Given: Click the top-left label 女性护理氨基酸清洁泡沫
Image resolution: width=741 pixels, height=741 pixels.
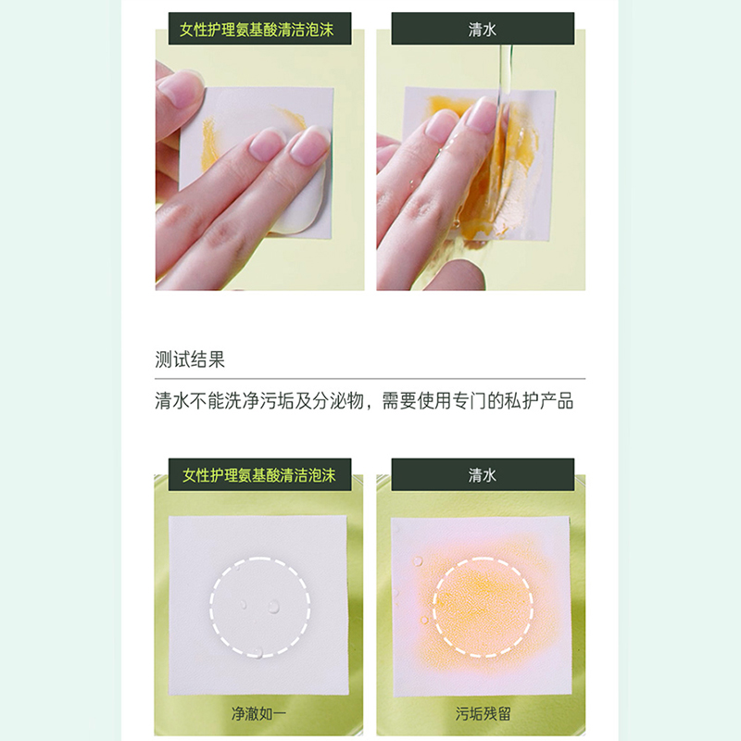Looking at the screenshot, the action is tap(257, 30).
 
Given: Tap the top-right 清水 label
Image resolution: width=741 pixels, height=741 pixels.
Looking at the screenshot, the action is tap(482, 30).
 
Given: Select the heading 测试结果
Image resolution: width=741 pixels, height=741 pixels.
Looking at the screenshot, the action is tap(190, 359).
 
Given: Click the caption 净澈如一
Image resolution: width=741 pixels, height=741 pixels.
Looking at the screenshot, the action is tap(258, 713).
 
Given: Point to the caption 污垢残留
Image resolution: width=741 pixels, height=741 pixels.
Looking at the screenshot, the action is tap(483, 713).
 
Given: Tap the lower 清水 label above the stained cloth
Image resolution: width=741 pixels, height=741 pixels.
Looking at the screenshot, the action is tap(482, 475).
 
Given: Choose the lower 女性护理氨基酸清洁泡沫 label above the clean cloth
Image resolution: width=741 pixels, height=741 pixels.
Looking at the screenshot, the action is tap(259, 475).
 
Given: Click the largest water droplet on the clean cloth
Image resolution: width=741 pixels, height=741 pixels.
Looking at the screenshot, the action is tap(274, 606).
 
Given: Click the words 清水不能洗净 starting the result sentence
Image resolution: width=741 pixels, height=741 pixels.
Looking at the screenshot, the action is tap(207, 401).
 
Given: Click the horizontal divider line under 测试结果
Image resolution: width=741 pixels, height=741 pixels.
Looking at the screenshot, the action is tap(370, 379).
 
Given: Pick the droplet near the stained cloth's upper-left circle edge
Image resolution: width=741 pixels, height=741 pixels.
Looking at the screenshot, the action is tap(418, 561).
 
